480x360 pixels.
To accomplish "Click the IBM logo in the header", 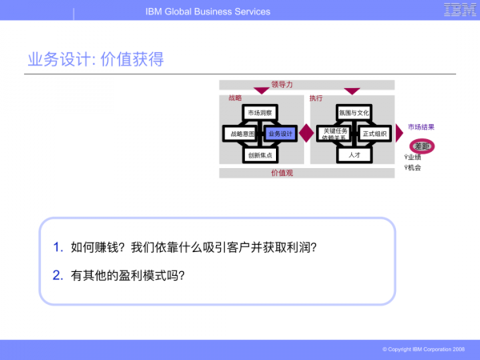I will pyautogui.click(x=460, y=10).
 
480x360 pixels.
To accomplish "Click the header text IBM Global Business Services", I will pyautogui.click(x=208, y=11).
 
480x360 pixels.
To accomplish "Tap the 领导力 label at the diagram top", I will pyautogui.click(x=282, y=83).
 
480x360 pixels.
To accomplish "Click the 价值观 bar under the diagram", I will pyautogui.click(x=282, y=172).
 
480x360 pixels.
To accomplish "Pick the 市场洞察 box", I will pyautogui.click(x=261, y=113).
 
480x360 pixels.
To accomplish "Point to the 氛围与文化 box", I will pyautogui.click(x=353, y=113).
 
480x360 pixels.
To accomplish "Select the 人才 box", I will pyautogui.click(x=354, y=154).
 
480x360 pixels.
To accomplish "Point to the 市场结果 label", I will pyautogui.click(x=421, y=127).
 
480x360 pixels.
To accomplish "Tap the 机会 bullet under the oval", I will pyautogui.click(x=414, y=167).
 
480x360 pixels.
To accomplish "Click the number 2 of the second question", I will pyautogui.click(x=57, y=274).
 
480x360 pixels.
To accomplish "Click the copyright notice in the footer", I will pyautogui.click(x=423, y=350).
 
